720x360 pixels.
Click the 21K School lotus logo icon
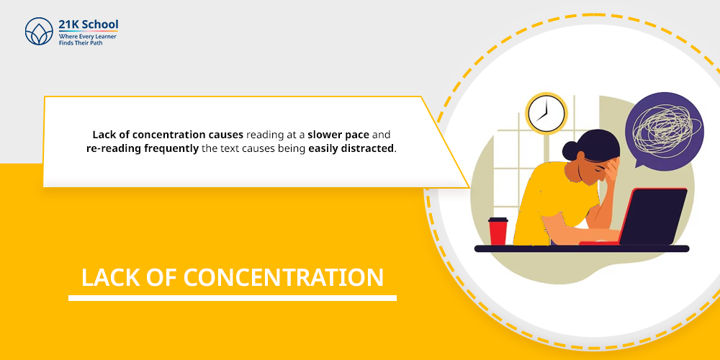pyautogui.click(x=39, y=32)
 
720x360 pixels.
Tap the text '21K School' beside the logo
pyautogui.click(x=89, y=24)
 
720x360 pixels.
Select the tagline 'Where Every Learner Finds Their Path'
pyautogui.click(x=87, y=39)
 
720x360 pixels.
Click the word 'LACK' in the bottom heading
pyautogui.click(x=108, y=278)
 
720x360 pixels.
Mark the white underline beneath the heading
pyautogui.click(x=232, y=297)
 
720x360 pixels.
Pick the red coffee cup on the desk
pyautogui.click(x=498, y=231)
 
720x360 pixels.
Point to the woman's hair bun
pyautogui.click(x=571, y=150)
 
